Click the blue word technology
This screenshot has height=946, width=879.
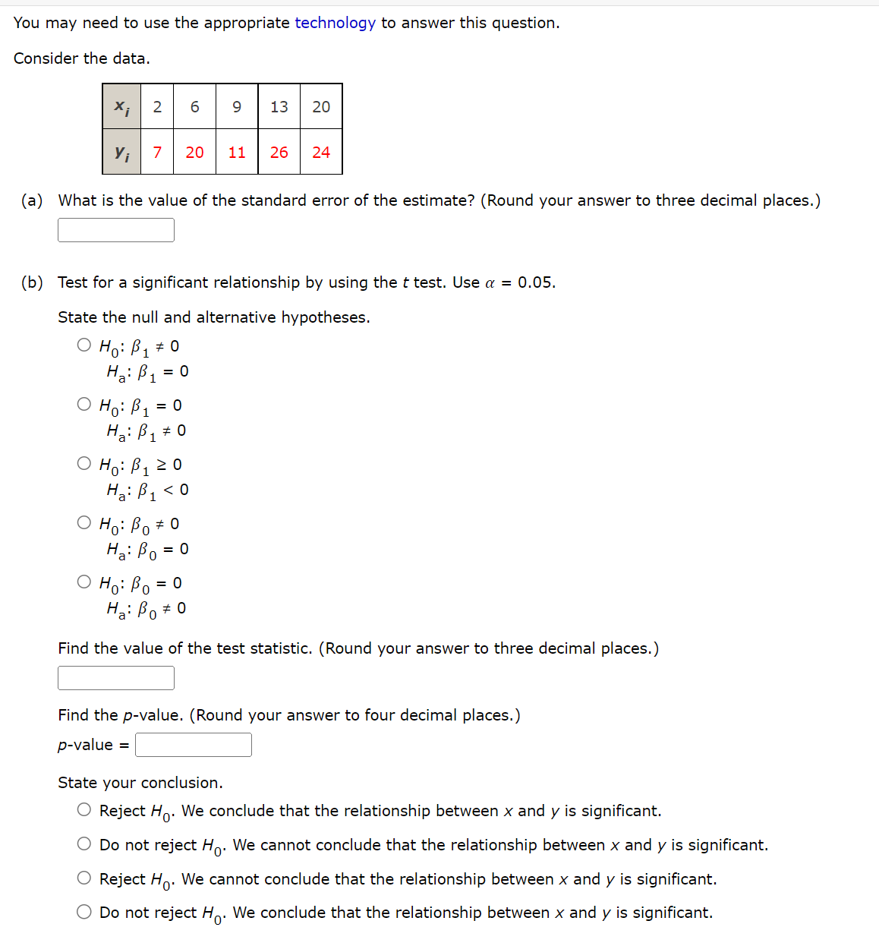point(335,23)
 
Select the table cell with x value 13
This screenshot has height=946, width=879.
point(279,107)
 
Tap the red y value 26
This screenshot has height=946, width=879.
point(279,153)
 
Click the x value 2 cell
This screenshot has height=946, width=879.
point(157,107)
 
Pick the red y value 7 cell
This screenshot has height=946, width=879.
point(157,153)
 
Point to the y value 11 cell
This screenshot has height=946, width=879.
point(237,153)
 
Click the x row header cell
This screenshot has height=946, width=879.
point(122,107)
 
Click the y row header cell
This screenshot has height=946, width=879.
point(122,153)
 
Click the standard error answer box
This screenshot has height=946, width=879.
point(116,230)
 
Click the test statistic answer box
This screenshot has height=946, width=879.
point(116,678)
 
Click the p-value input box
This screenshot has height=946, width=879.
point(194,745)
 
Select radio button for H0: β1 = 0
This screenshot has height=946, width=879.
point(84,405)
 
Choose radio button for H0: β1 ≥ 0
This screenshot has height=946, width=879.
point(84,464)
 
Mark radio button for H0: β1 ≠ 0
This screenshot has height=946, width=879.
point(84,345)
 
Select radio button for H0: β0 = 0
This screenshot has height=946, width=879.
point(84,582)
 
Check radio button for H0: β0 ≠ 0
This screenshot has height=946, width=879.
point(84,523)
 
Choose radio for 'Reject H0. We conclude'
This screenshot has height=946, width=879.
point(84,810)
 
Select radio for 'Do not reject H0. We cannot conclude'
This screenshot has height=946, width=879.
point(84,844)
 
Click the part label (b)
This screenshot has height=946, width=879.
point(32,282)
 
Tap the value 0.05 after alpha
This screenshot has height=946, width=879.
point(536,282)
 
